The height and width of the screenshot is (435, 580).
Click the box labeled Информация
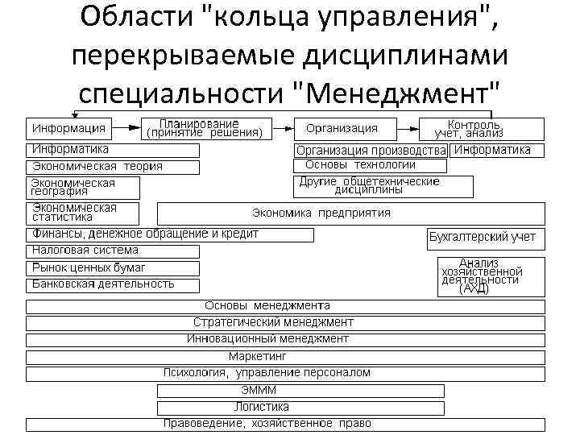(71, 129)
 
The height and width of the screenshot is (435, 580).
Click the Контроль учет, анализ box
(482, 129)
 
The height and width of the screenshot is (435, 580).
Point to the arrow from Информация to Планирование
(130, 128)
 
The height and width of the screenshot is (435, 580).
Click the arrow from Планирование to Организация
(283, 128)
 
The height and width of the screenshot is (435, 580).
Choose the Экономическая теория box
(114, 167)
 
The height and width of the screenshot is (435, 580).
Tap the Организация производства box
(371, 151)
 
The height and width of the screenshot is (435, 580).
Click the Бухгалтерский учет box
(486, 239)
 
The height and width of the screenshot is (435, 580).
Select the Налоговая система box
(114, 251)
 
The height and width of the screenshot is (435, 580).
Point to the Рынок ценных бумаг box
(114, 267)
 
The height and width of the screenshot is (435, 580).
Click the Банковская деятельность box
(114, 284)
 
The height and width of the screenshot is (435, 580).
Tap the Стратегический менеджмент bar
(286, 323)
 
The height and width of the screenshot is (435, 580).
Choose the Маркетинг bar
(286, 356)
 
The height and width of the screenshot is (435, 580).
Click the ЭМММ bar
(300, 391)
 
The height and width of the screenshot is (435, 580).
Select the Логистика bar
(300, 408)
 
